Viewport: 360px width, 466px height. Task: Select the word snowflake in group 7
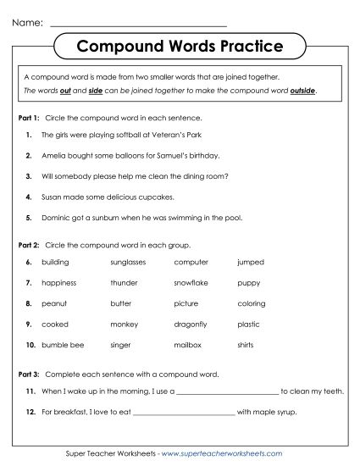[191, 283]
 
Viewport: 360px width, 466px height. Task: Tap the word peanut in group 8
[53, 303]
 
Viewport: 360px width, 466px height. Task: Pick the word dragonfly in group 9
[191, 324]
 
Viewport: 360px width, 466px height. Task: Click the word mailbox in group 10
[187, 344]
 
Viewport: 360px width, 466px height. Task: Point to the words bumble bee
[59, 344]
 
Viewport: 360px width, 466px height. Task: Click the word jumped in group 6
[251, 263]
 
